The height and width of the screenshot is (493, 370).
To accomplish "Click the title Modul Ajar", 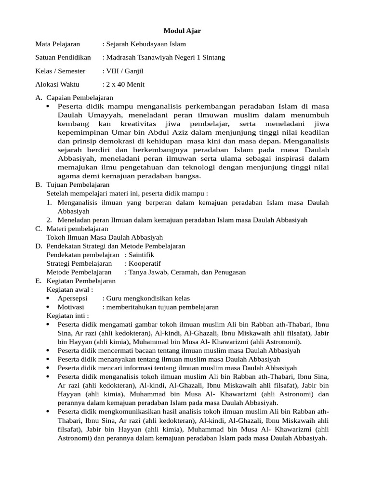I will click(182, 31).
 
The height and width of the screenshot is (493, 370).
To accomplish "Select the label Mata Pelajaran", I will click(57, 44).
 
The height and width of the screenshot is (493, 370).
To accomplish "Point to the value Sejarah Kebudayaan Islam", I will click(145, 44).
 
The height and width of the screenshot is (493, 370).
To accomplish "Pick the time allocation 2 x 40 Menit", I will click(125, 85).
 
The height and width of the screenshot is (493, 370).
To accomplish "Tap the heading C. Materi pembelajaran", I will click(72, 229).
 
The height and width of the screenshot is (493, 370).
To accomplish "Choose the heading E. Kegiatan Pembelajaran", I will click(76, 281).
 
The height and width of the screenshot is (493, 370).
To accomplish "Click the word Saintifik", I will click(141, 255).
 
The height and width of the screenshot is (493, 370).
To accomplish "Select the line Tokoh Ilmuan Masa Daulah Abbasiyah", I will click(105, 237).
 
